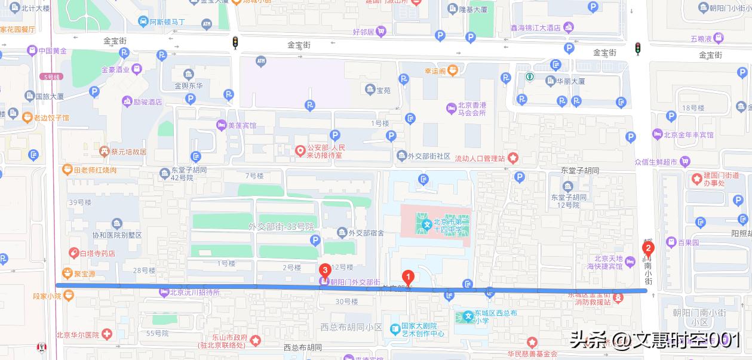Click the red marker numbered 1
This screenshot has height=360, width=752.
point(408,277)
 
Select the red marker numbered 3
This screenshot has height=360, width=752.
point(324,270)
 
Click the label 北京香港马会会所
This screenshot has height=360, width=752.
point(472,109)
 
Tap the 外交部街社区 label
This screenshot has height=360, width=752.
point(429,156)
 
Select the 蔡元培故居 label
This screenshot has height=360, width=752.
point(128,152)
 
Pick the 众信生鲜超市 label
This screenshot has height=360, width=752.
point(655,161)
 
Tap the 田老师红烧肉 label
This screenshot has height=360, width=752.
point(95,170)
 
